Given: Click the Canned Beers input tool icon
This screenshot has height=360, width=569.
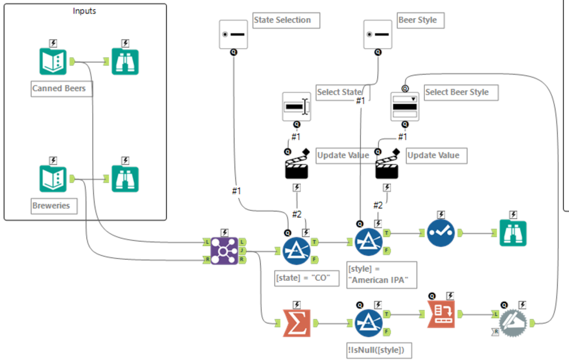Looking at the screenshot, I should pyautogui.click(x=53, y=63).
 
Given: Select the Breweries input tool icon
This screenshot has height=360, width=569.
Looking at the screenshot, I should pyautogui.click(x=53, y=179).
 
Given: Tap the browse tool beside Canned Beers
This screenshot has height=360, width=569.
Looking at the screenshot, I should pyautogui.click(x=125, y=63).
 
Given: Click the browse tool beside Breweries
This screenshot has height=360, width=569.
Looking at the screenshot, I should pyautogui.click(x=125, y=179).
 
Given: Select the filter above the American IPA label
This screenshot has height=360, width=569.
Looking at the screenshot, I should pyautogui.click(x=369, y=242).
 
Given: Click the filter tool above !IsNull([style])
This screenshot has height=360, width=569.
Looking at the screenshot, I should pyautogui.click(x=369, y=322).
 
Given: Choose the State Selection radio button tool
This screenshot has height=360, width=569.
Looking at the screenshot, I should pyautogui.click(x=234, y=34).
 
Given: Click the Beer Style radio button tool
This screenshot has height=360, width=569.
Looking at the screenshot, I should pyautogui.click(x=378, y=34).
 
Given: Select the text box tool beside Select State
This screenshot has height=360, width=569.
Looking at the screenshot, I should pyautogui.click(x=296, y=107).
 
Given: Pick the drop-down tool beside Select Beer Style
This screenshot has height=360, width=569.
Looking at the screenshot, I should pyautogui.click(x=404, y=107).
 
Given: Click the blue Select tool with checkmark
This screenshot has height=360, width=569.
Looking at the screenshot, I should pyautogui.click(x=441, y=233).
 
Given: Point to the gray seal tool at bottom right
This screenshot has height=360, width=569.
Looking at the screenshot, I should pyautogui.click(x=513, y=322).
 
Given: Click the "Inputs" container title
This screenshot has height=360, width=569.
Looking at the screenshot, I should pyautogui.click(x=85, y=11).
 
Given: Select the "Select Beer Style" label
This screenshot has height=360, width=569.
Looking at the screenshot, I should pyautogui.click(x=456, y=92).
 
